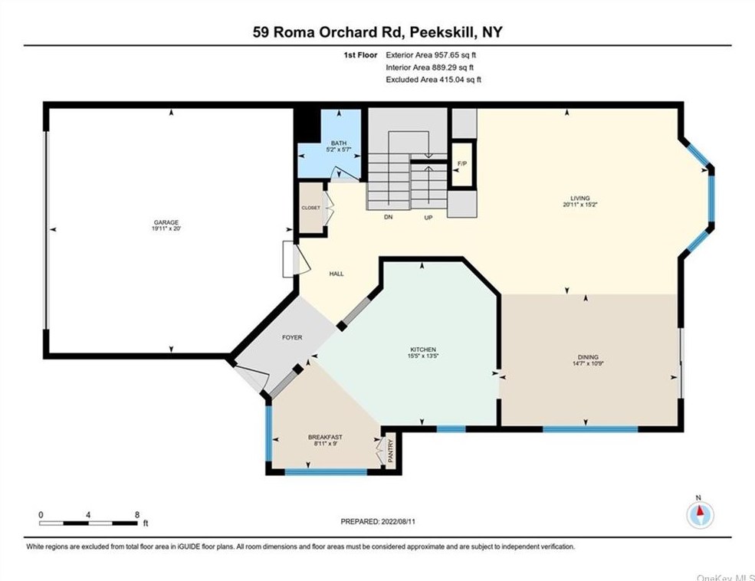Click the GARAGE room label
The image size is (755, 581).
[166, 222]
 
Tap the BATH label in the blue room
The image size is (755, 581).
[339, 143]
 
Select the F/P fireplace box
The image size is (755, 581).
[462, 164]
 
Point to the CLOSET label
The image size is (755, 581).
[310, 208]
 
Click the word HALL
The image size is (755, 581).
[336, 274]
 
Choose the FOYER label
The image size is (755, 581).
[292, 337]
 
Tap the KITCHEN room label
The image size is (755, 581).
[423, 350]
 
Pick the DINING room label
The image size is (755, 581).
[588, 357]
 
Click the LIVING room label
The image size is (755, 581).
[580, 198]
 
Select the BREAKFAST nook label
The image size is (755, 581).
[326, 437]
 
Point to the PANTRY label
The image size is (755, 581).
[391, 451]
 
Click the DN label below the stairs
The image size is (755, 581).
[389, 217]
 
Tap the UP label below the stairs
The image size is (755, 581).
[428, 218]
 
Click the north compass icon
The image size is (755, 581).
[700, 514]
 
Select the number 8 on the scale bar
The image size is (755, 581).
[137, 514]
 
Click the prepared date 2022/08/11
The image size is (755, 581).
[399, 521]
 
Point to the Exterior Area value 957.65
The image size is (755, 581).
[448, 55]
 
